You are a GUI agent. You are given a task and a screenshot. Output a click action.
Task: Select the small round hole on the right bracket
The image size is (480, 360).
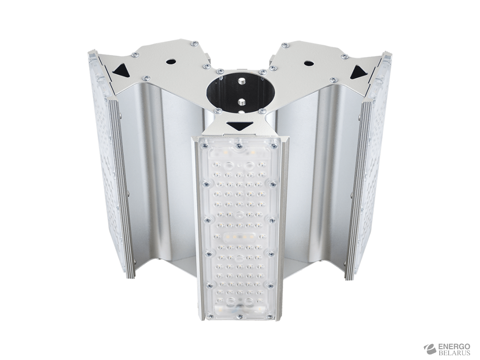(x=308, y=63)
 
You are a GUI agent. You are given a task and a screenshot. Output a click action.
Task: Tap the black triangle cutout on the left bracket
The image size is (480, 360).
(x=120, y=69)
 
